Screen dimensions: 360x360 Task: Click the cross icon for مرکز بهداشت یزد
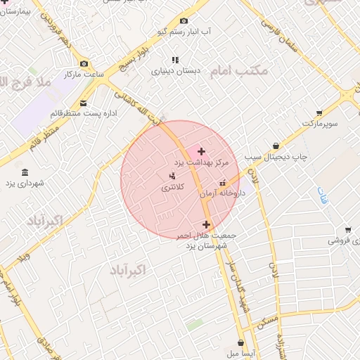point(201,151)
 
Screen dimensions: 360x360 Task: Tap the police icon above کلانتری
point(172,176)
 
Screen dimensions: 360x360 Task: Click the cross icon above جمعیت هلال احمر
point(206,224)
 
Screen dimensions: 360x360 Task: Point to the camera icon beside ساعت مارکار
point(84,63)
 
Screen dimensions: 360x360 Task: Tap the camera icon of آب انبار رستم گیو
point(184,22)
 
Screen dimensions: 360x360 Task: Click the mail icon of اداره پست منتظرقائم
point(84,103)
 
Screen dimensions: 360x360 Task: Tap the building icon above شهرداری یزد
point(25,173)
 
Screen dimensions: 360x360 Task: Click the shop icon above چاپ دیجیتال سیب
point(276,146)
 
